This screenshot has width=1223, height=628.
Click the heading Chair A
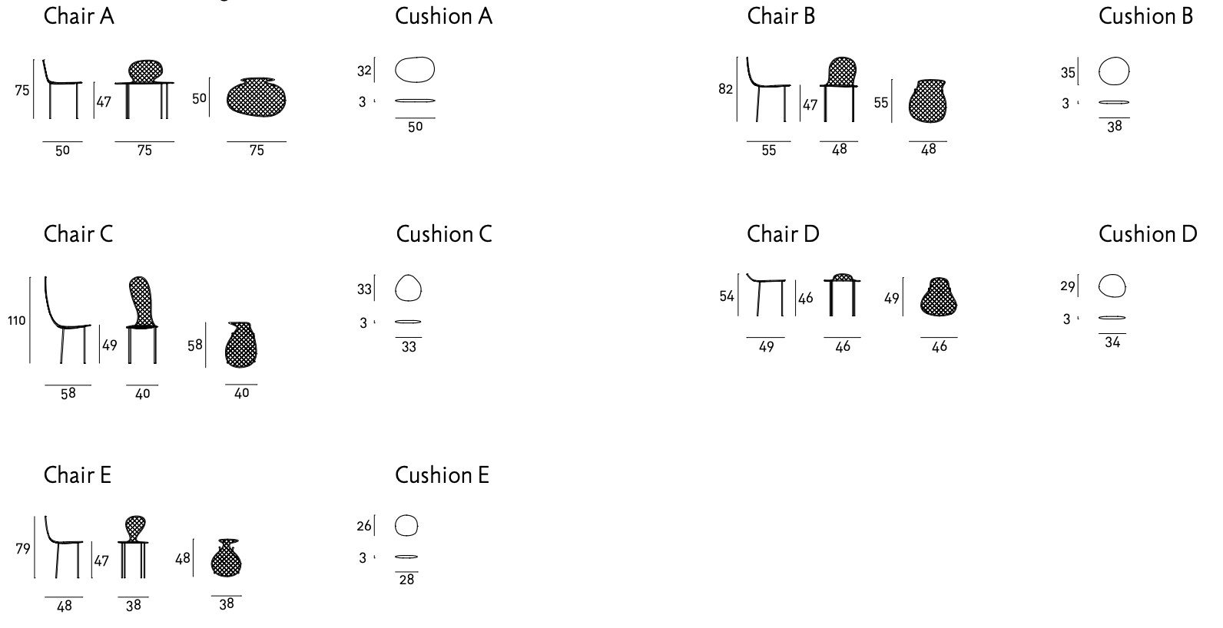tap(78, 16)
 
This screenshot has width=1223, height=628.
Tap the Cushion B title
tap(1145, 16)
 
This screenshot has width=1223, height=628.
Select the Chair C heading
tap(78, 234)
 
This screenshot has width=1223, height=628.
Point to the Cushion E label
tap(442, 475)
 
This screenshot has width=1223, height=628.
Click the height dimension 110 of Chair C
tap(17, 320)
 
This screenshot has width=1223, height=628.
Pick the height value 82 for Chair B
tap(725, 89)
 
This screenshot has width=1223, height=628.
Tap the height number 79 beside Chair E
tap(23, 548)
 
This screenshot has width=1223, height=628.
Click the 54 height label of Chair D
tap(727, 296)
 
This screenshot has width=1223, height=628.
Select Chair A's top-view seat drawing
tap(257, 98)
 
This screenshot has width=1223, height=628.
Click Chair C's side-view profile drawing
tap(66, 319)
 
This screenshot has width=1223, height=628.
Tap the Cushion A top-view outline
tap(415, 70)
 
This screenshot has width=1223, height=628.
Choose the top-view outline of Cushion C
tap(409, 289)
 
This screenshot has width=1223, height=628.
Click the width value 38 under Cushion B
tap(1114, 127)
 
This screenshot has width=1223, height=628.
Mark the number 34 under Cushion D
tap(1112, 342)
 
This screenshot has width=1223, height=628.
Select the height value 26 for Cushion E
tap(364, 526)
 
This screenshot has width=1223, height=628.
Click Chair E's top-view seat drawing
tap(226, 558)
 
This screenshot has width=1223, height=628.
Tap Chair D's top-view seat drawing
tap(939, 297)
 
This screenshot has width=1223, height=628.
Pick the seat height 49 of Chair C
tap(110, 345)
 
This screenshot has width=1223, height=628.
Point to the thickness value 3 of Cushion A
tap(362, 101)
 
